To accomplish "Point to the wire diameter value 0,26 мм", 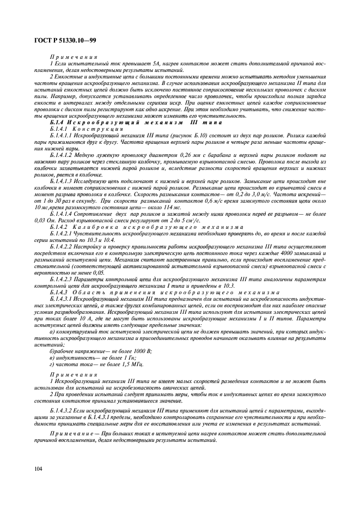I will [162, 148].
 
